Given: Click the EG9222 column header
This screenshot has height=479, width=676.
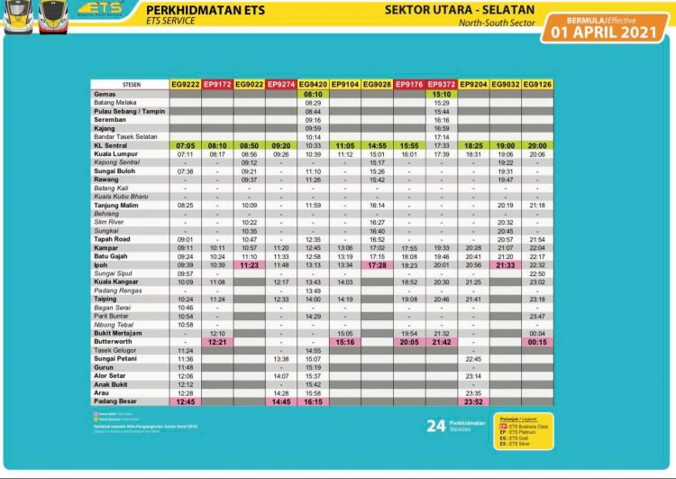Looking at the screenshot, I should (x=185, y=84).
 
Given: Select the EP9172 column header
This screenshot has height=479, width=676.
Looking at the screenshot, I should (x=217, y=84).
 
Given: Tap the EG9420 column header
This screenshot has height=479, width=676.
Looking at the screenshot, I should (x=313, y=84).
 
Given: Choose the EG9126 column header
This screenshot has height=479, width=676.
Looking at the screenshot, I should (x=537, y=84).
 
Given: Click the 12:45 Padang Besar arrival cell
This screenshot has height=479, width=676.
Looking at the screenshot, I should (x=185, y=402).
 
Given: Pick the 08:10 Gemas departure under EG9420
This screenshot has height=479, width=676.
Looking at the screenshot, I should (x=313, y=94).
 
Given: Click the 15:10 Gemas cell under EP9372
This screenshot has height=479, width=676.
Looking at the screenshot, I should (x=442, y=94).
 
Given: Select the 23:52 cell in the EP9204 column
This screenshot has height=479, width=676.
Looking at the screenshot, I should (x=474, y=402).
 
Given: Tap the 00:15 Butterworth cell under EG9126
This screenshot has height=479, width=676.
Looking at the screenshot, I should (x=537, y=342).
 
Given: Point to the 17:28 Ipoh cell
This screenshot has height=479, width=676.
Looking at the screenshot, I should (x=378, y=265).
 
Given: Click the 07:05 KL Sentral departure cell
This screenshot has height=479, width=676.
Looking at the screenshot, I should (x=185, y=144).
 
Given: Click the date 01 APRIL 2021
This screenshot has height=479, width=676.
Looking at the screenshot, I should (x=605, y=32).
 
